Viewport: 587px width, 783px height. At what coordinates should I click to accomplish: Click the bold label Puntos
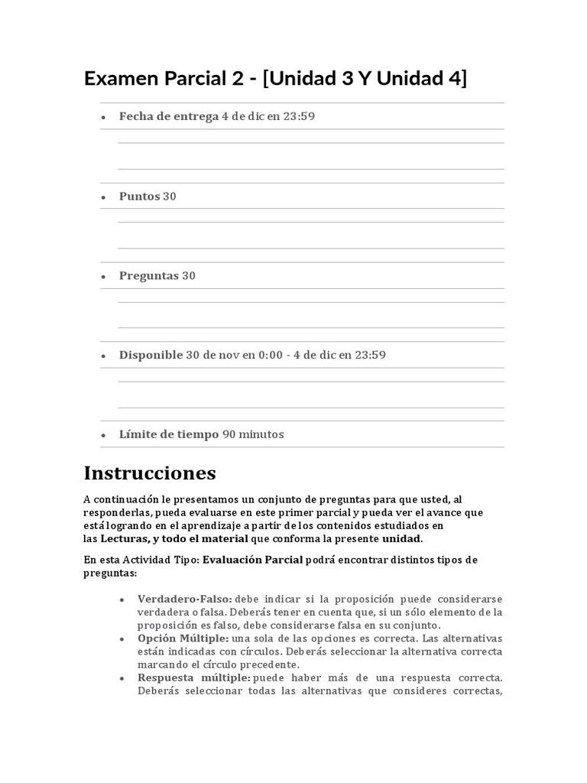(140, 197)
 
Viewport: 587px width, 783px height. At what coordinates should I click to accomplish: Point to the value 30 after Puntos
(170, 197)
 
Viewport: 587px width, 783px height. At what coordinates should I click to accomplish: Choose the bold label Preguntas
(149, 276)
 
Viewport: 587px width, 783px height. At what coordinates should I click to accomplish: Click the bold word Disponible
(151, 356)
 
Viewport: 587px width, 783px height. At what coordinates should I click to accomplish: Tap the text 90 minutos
(253, 434)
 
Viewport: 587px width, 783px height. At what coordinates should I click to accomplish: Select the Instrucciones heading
(150, 473)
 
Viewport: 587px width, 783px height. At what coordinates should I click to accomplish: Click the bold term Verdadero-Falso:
(184, 598)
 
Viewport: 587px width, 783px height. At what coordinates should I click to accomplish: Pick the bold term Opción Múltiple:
(182, 638)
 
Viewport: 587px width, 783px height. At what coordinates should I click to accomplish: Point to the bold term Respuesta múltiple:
(193, 677)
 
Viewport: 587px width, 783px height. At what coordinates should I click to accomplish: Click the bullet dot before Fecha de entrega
(103, 118)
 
